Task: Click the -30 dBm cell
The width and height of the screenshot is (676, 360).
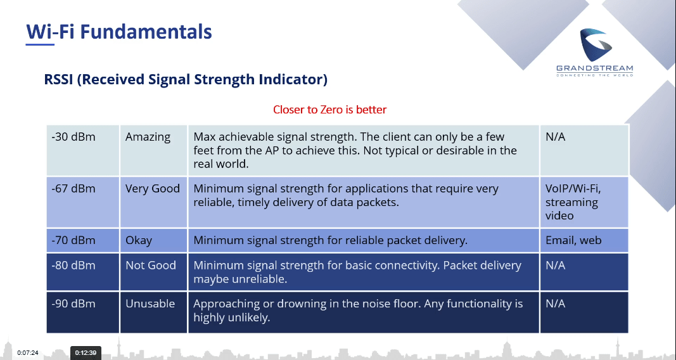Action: pos(83,150)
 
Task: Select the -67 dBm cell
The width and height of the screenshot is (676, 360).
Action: pos(83,202)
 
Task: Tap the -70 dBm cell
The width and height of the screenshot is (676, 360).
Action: pos(83,240)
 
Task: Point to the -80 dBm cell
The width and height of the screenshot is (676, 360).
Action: pos(83,272)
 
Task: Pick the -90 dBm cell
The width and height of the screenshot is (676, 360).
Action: pos(83,312)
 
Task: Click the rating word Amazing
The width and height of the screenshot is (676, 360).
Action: pos(148,138)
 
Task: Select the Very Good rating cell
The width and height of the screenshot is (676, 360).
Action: pos(153,202)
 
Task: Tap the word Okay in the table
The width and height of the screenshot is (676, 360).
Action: pos(139,241)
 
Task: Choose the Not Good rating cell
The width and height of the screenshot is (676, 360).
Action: pos(153,272)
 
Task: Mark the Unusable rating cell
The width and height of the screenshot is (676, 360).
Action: pos(153,312)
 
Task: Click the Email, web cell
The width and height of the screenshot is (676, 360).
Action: pos(584,240)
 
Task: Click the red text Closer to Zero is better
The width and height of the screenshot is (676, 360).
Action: pos(330,110)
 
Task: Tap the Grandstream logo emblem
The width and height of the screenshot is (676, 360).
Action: pos(596,45)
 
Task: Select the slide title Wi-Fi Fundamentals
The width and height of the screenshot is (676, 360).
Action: pos(119,32)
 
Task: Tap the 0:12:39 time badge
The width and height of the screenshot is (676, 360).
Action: pos(86,352)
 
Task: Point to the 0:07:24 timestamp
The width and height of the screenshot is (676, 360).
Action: pos(28,353)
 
